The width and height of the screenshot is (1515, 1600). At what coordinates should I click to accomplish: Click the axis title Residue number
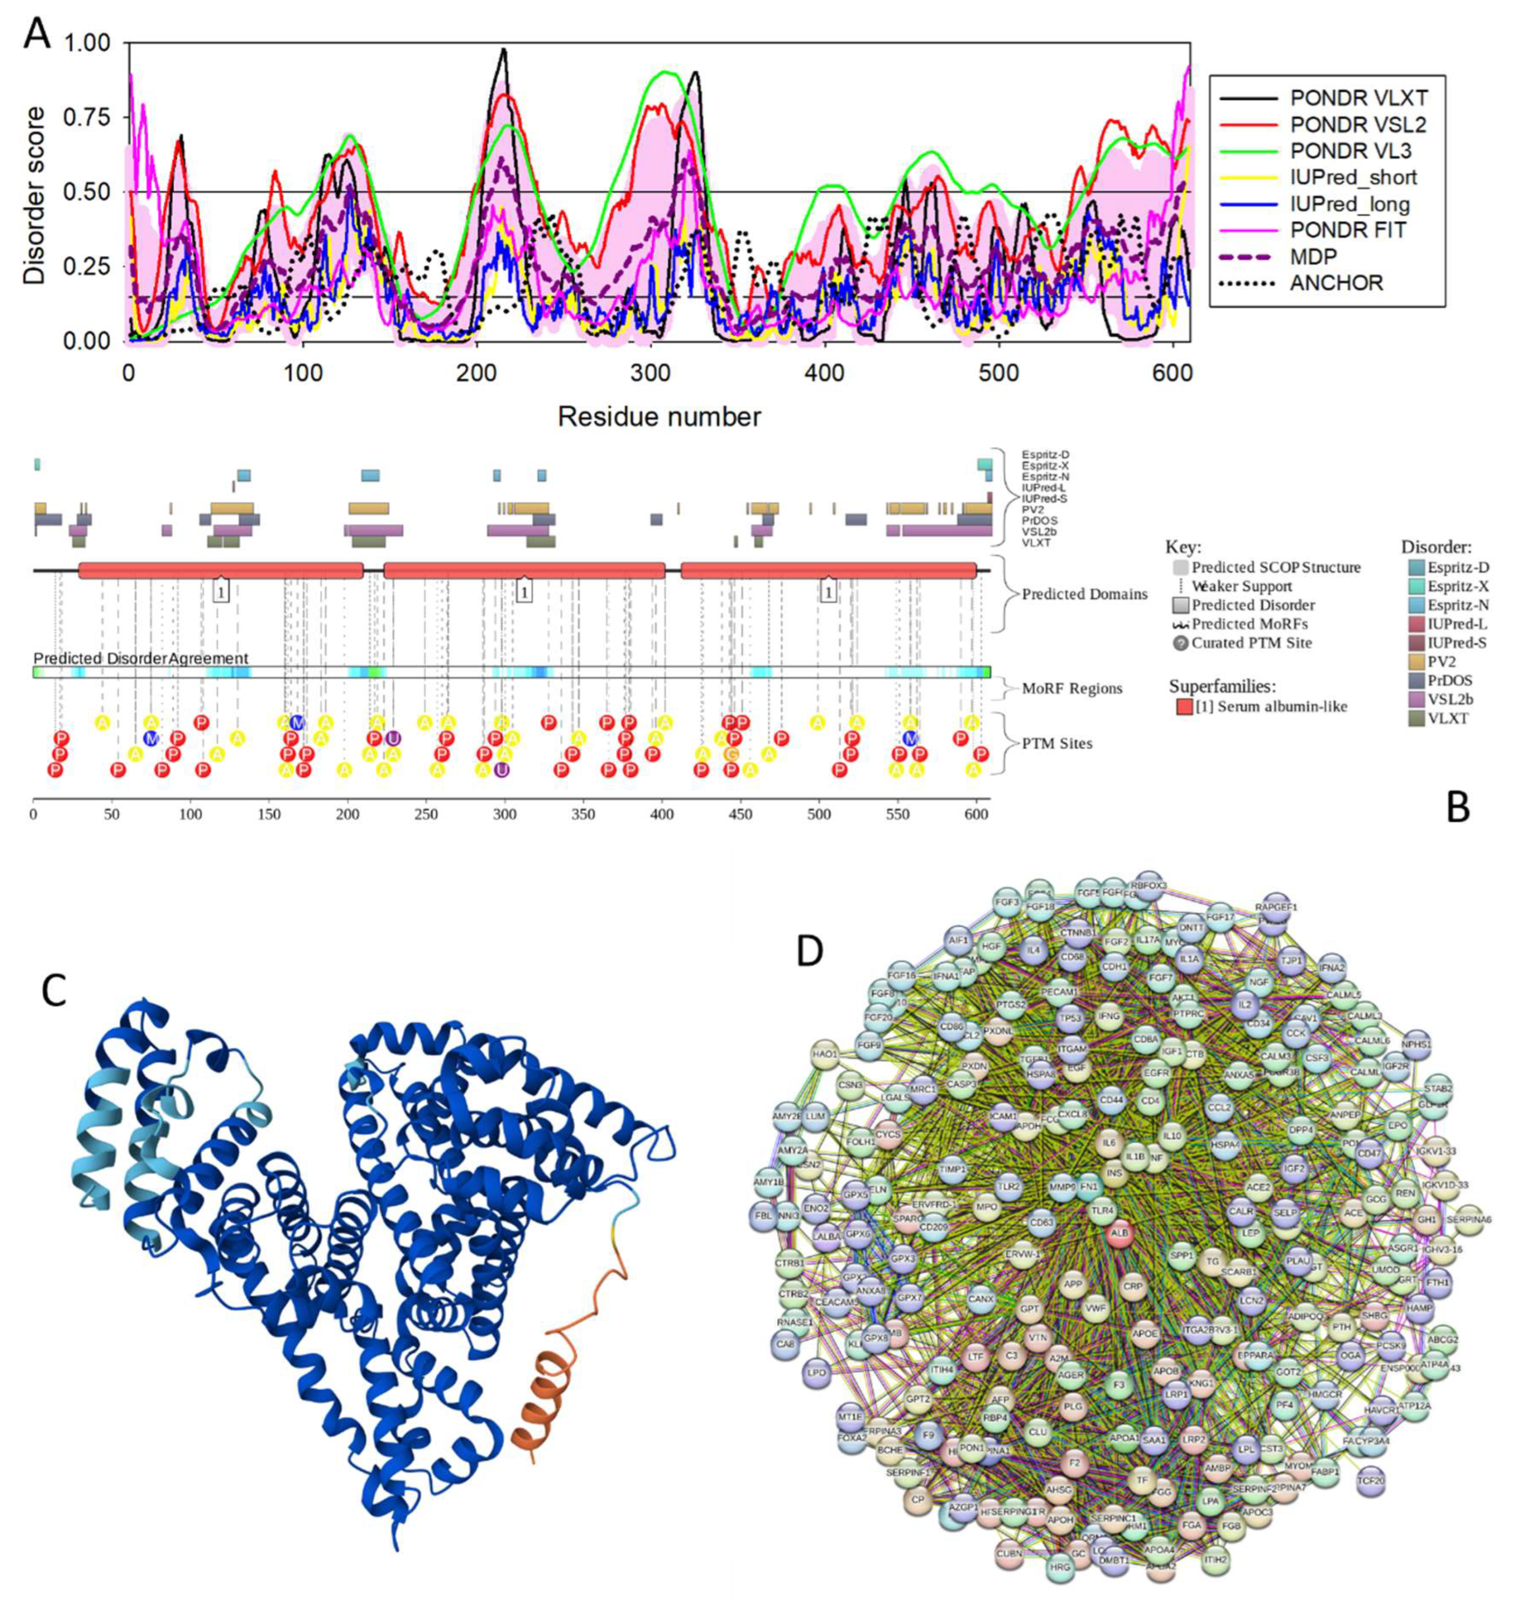pos(659,417)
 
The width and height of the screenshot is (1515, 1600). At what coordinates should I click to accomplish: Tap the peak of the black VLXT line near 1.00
pos(504,50)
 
